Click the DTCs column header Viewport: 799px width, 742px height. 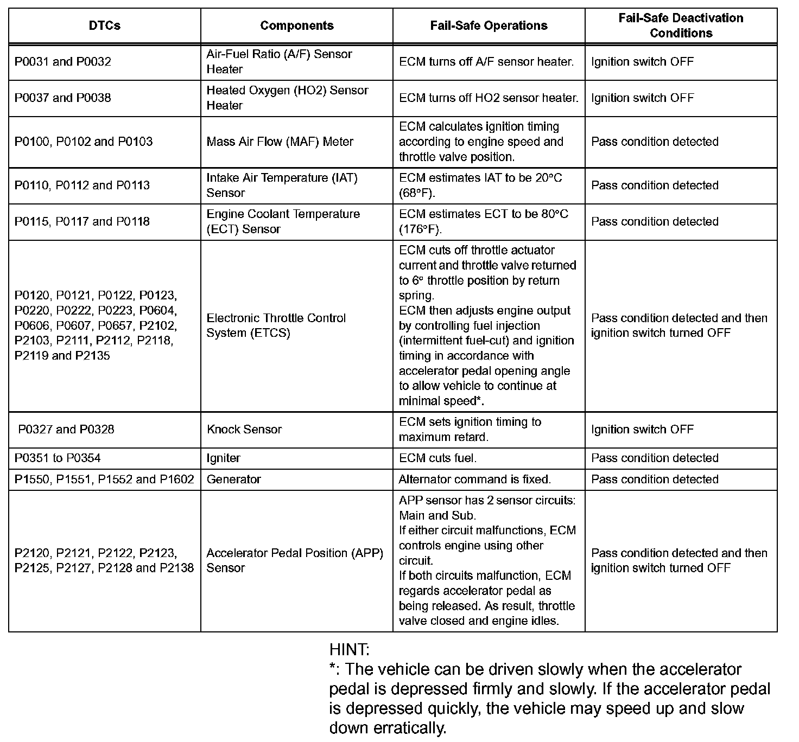tap(104, 25)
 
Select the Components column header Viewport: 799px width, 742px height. tap(296, 25)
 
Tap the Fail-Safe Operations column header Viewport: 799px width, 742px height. tap(489, 25)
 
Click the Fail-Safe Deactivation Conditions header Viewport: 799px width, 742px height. tap(681, 25)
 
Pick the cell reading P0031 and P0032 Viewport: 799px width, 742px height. tap(63, 62)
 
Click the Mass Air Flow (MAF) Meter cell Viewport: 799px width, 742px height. tap(280, 142)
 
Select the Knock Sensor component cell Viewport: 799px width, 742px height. tap(244, 430)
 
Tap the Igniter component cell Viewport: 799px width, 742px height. tap(223, 458)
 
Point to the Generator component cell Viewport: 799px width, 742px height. tap(233, 479)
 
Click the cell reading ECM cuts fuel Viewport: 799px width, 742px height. tap(437, 458)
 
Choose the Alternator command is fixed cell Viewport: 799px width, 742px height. tap(474, 479)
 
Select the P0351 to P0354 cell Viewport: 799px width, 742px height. tap(58, 458)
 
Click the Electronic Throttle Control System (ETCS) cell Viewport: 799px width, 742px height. tap(276, 325)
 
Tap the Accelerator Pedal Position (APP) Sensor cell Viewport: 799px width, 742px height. tap(294, 560)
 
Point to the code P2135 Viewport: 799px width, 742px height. tap(92, 356)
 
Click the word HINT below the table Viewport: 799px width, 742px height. tap(349, 649)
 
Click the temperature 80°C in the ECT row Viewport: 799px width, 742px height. tap(554, 214)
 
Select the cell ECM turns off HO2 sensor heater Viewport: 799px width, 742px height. tap(489, 98)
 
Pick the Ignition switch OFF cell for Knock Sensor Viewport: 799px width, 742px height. tap(642, 430)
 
